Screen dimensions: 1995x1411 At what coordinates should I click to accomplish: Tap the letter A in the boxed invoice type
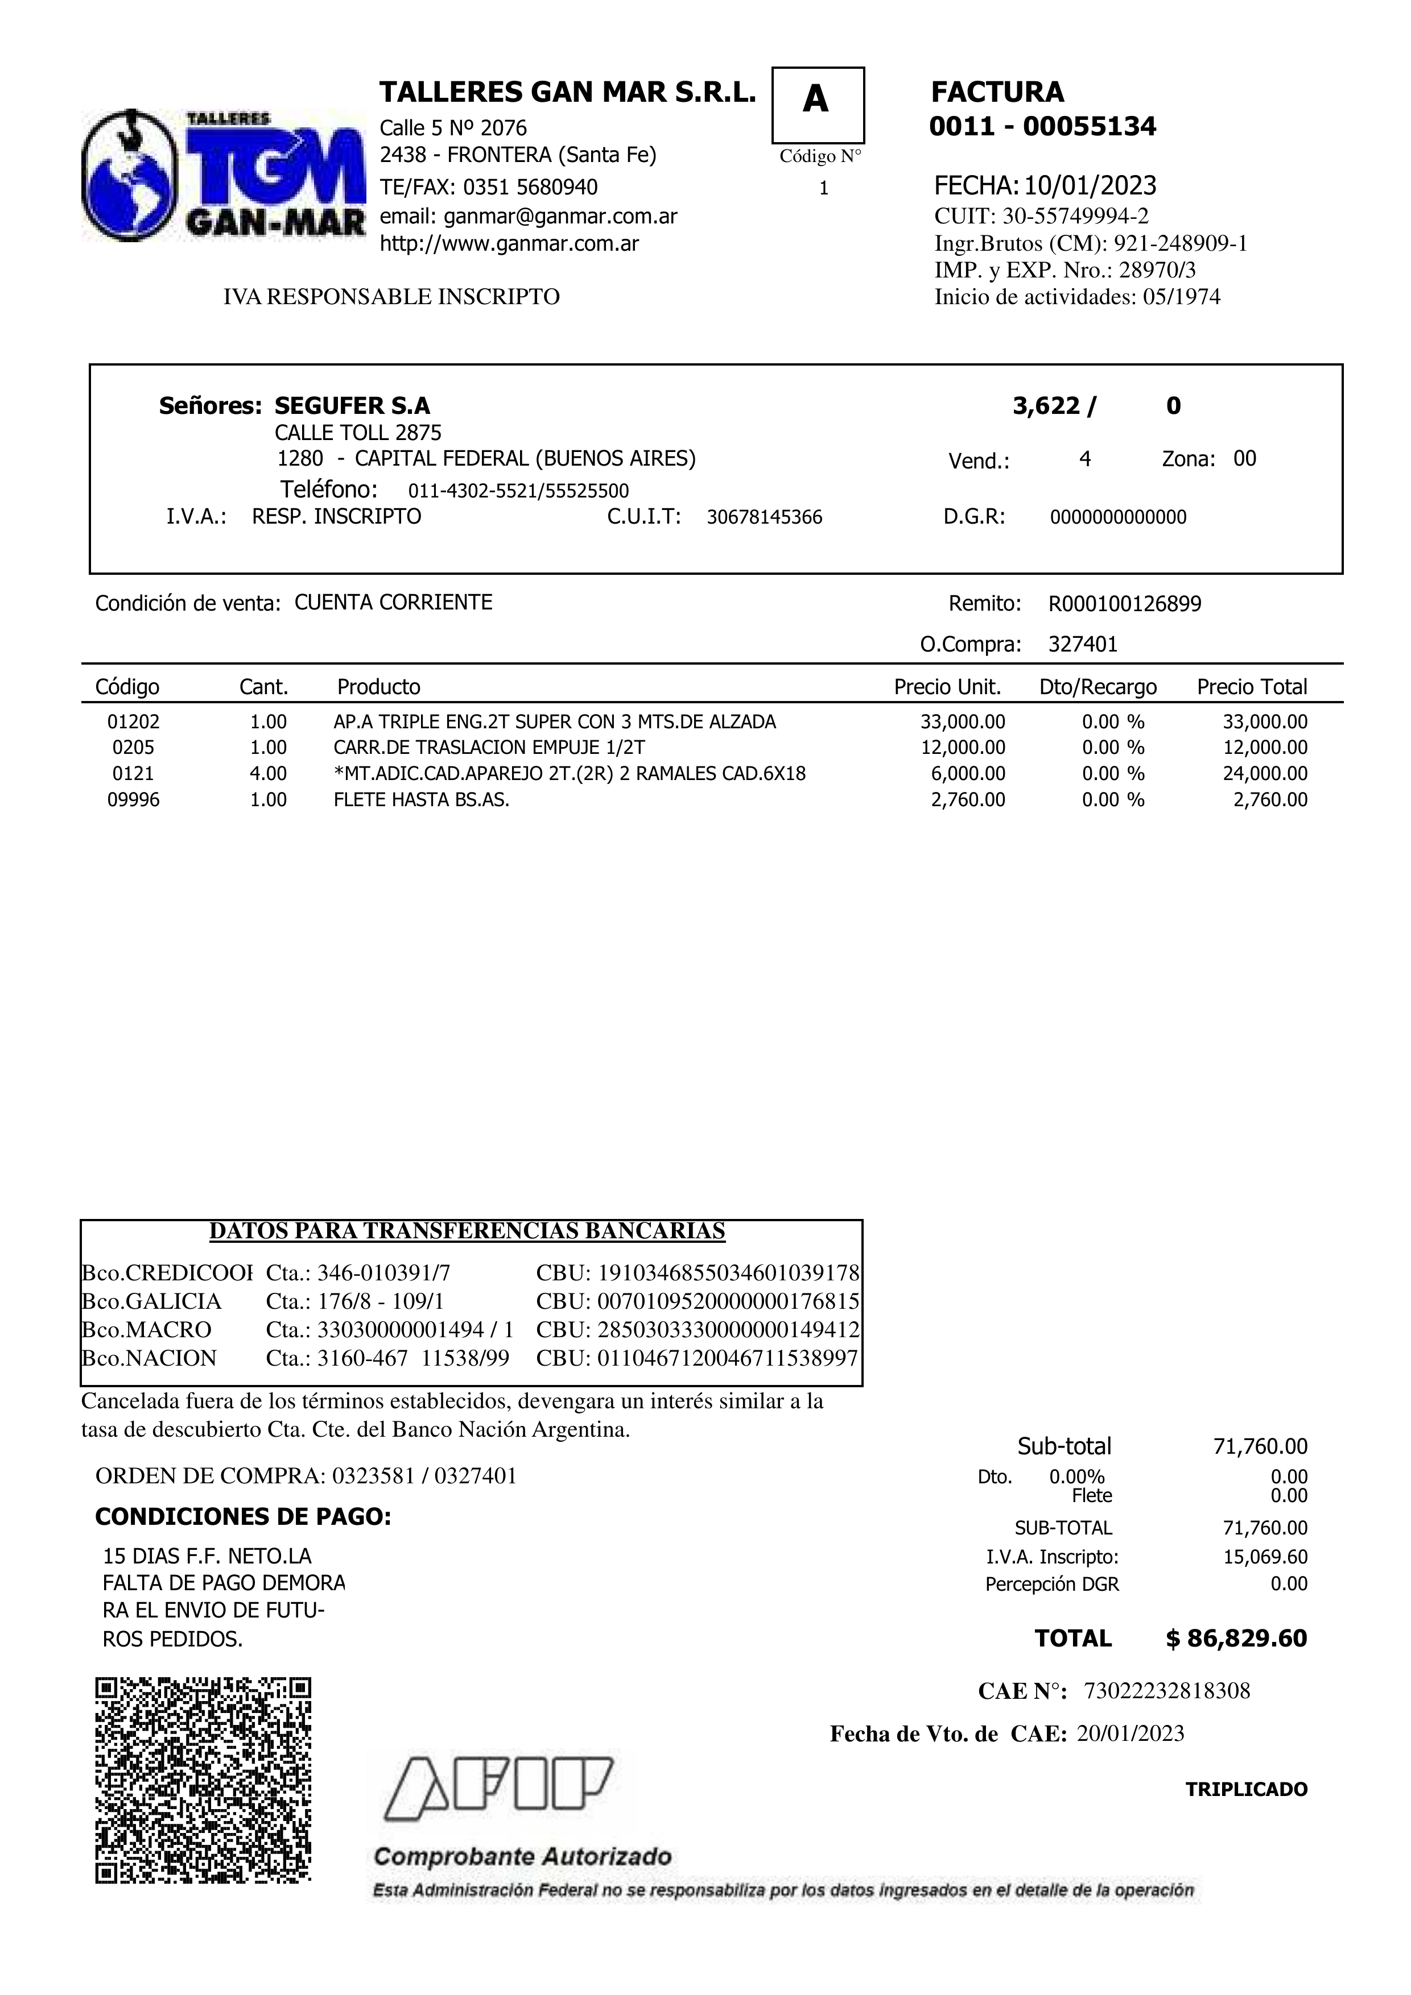coord(815,101)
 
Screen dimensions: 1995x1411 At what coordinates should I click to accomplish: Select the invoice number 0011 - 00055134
coord(1042,127)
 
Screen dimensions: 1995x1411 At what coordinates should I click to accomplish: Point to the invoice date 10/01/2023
coord(1090,185)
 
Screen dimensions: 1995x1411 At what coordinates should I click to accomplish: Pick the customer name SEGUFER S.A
coord(352,406)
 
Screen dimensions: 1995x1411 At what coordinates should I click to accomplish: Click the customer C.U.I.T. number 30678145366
coord(764,518)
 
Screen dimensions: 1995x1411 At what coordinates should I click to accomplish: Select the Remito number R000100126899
coord(1125,604)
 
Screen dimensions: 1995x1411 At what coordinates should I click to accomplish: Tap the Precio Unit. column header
coord(948,687)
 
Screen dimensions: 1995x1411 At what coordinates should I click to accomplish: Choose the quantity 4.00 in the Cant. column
coord(268,773)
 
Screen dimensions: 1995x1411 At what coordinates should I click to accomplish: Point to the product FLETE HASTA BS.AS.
coord(422,799)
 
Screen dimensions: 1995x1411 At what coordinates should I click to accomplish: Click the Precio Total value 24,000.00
coord(1265,773)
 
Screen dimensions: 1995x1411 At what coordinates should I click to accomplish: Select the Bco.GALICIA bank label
coord(151,1301)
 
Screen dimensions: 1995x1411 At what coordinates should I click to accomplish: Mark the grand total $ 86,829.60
coord(1236,1638)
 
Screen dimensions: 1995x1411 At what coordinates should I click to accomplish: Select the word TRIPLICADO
coord(1246,1789)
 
